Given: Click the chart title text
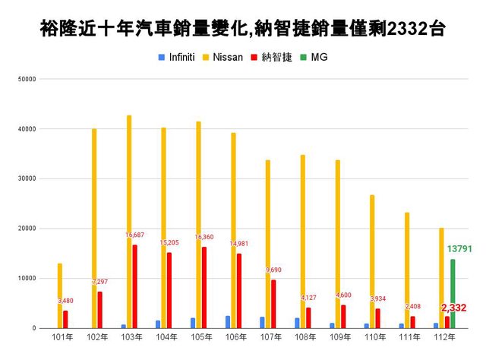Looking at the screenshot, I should (243, 29).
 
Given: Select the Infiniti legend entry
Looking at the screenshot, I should (180, 57).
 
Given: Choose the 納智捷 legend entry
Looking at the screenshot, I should (276, 57).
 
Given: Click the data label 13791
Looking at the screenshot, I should (456, 249).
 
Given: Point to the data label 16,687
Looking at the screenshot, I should (137, 235).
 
